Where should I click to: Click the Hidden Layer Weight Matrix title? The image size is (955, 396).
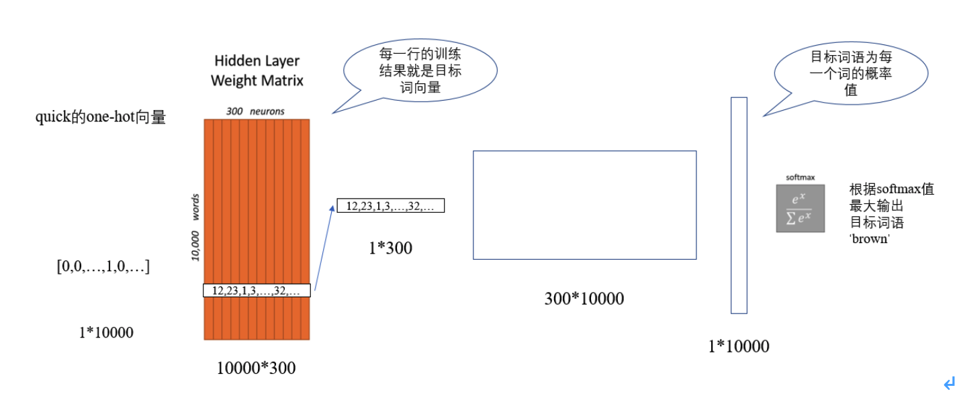[257, 70]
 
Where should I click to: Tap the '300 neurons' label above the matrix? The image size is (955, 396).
[257, 110]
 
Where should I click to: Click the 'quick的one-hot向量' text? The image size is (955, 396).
[101, 118]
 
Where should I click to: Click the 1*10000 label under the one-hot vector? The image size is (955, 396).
[106, 332]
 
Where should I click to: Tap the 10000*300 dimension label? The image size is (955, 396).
[256, 368]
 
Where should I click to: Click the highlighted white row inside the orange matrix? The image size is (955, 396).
[257, 291]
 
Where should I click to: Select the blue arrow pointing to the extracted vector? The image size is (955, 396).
[324, 247]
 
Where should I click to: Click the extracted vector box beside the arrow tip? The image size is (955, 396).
[391, 206]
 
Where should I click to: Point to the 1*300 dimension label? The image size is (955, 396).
[390, 248]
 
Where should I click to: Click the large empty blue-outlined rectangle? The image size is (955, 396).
[584, 205]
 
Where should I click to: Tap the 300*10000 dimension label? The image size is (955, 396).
[584, 299]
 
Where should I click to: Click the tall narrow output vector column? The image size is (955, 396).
[739, 205]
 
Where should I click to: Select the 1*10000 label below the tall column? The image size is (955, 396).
[739, 346]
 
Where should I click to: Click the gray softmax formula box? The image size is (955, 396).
[800, 208]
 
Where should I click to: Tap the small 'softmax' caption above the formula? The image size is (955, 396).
[800, 178]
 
